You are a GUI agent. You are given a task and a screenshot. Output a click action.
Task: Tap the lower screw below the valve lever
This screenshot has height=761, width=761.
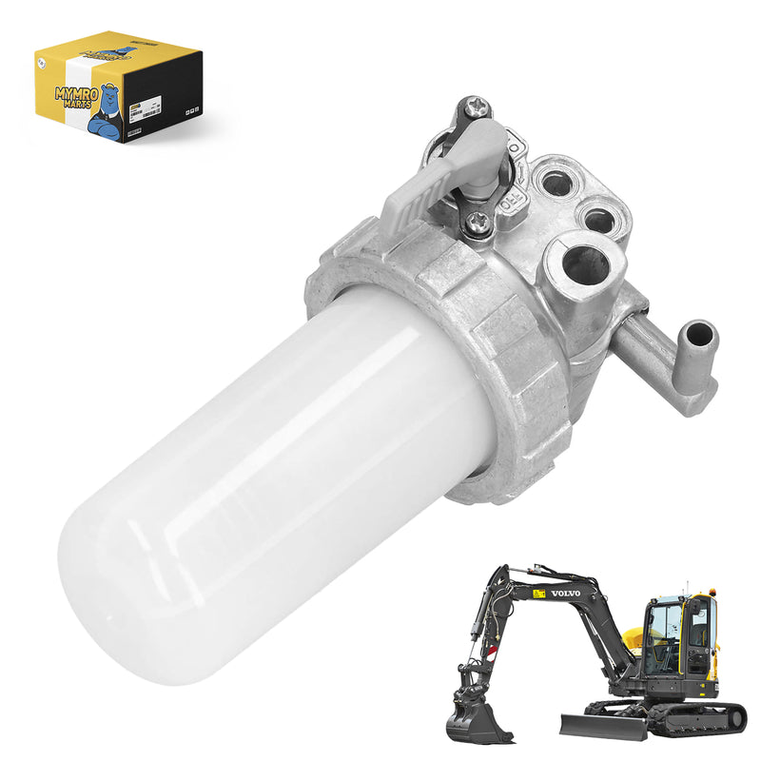[479, 221]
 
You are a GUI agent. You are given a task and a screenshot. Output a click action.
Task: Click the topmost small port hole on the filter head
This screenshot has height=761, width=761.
[551, 180]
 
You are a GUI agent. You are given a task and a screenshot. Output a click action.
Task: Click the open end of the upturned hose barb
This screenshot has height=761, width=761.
[699, 334]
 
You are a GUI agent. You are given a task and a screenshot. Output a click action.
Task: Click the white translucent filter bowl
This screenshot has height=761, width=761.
[266, 476]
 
